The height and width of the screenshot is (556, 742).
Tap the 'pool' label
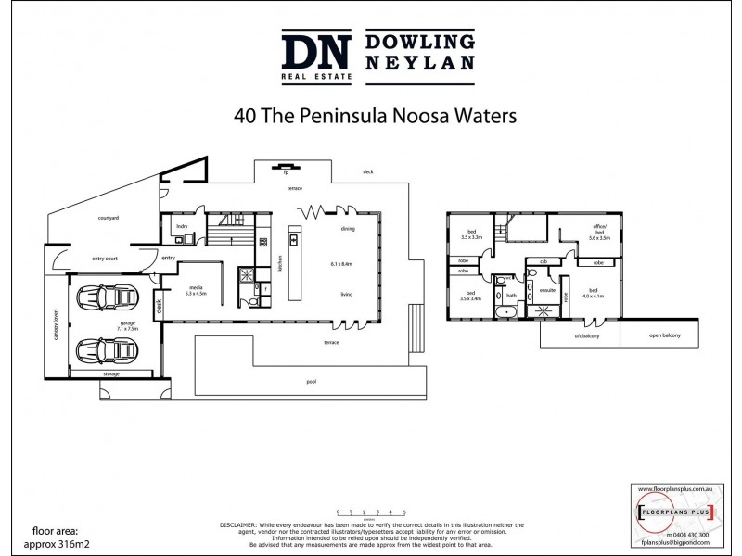pyautogui.click(x=324, y=381)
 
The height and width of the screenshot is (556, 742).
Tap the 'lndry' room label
pyautogui.click(x=182, y=224)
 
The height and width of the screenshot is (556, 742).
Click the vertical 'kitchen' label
pyautogui.click(x=278, y=269)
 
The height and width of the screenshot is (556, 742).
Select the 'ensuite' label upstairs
pyautogui.click(x=547, y=290)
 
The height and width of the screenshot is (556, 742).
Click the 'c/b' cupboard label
pyautogui.click(x=543, y=263)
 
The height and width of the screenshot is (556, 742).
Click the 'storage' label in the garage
pyautogui.click(x=110, y=373)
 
